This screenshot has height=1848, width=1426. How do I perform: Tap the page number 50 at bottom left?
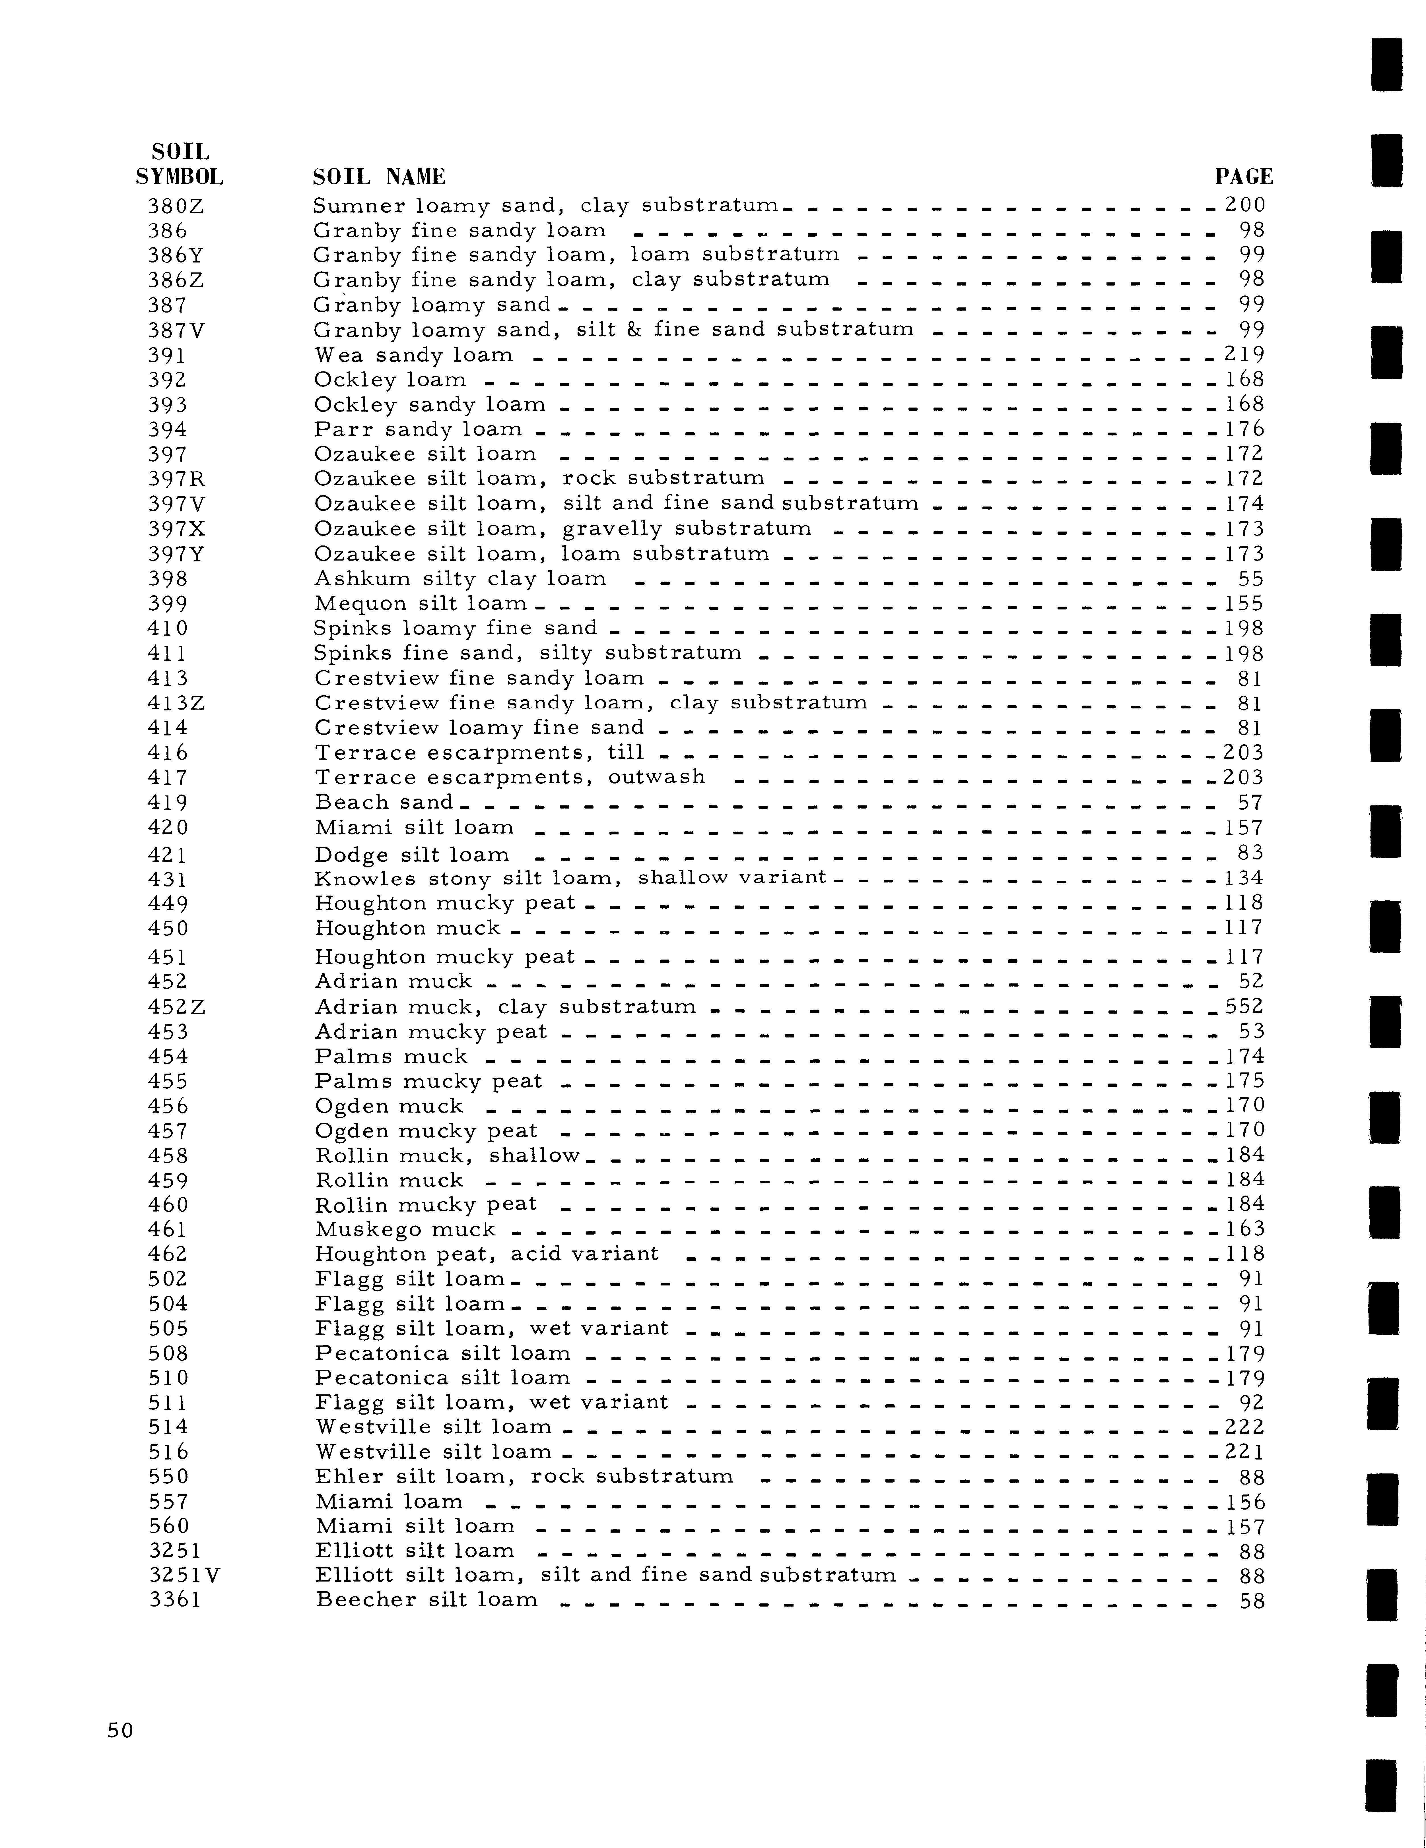(x=120, y=1730)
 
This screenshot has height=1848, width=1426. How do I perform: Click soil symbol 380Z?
(x=175, y=206)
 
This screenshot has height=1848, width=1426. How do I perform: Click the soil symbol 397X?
(x=176, y=529)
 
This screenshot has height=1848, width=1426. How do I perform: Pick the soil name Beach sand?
(x=383, y=802)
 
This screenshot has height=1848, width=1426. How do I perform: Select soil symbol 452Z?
(x=176, y=1007)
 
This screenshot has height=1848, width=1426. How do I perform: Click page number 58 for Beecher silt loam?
(x=1252, y=1600)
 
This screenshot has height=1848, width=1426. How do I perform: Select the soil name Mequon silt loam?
(x=421, y=603)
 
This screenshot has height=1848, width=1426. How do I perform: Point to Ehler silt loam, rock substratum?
(x=524, y=1477)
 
